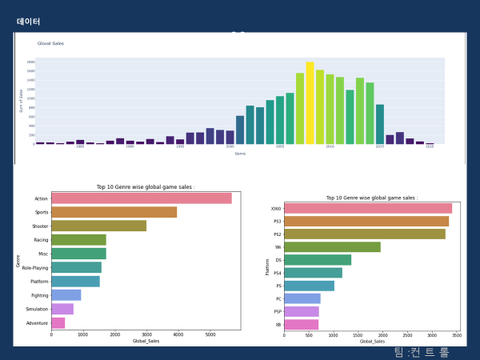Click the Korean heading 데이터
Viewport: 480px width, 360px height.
click(x=28, y=22)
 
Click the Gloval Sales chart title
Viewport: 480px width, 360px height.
click(x=50, y=43)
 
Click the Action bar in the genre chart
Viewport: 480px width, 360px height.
click(x=141, y=198)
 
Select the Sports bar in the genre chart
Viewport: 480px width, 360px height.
click(x=114, y=212)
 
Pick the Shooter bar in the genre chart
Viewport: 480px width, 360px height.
click(x=98, y=226)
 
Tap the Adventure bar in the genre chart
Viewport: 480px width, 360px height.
click(x=58, y=323)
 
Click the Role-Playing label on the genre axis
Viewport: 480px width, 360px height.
click(x=33, y=267)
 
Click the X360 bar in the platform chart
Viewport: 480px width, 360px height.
click(x=368, y=208)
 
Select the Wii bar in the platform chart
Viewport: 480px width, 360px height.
click(x=332, y=247)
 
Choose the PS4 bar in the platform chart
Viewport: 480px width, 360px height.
click(x=313, y=273)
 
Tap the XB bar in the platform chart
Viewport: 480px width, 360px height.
click(x=301, y=325)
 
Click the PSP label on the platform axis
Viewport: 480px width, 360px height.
click(x=276, y=312)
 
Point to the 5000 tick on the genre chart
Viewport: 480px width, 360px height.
click(x=209, y=334)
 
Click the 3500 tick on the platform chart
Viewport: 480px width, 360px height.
click(x=456, y=336)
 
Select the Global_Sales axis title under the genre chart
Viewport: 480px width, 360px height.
click(x=146, y=342)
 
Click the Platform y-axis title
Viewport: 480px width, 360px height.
click(x=268, y=266)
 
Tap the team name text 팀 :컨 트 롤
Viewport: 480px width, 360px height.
click(x=422, y=352)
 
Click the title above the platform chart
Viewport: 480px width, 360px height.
click(x=371, y=198)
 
